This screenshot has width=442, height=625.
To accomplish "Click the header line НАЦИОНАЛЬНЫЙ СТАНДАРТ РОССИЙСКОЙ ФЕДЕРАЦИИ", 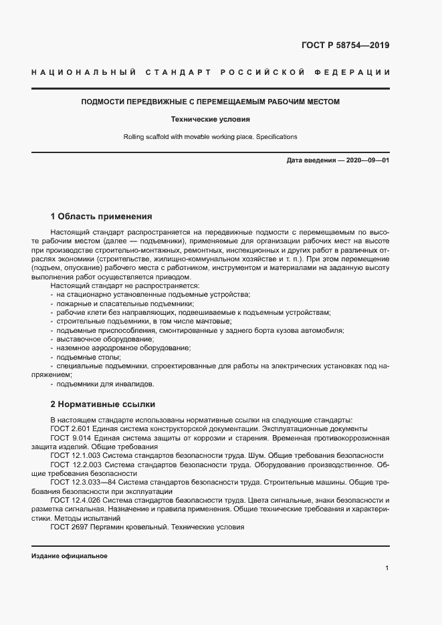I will pos(211,72).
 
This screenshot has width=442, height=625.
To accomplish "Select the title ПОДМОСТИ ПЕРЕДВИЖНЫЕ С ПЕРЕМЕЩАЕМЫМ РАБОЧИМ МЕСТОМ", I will pos(211,102).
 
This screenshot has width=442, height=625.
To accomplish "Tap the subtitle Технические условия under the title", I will pos(211,120).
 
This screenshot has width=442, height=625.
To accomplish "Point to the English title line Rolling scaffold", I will pos(211,136).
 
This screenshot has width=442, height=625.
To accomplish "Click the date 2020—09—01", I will pos(368,161).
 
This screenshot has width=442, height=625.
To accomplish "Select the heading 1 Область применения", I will pos(101,217).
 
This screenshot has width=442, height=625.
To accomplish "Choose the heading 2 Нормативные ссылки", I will pos(102,404).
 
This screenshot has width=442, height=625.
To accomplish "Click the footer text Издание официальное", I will pos(69,556).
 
